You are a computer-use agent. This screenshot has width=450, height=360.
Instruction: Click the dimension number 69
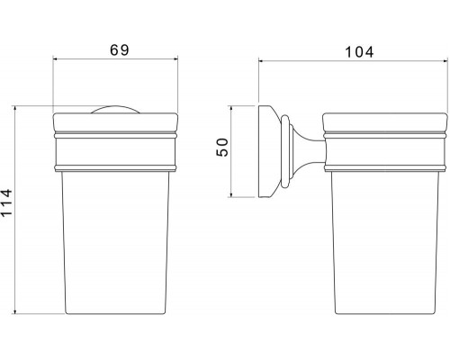pyautogui.click(x=120, y=49)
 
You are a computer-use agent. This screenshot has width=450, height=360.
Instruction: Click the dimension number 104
pyautogui.click(x=359, y=52)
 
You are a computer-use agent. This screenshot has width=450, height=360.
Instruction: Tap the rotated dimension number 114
pyautogui.click(x=6, y=202)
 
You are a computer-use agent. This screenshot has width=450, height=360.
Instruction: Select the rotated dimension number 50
pyautogui.click(x=222, y=147)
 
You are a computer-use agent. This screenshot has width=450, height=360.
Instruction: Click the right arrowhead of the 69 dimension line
pyautogui.click(x=175, y=59)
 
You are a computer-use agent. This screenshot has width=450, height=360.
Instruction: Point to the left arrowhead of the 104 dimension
pyautogui.click(x=262, y=61)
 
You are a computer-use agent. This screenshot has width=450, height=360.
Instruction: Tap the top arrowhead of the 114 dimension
pyautogui.click(x=15, y=110)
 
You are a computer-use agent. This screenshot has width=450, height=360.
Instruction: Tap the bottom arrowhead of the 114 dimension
pyautogui.click(x=15, y=310)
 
